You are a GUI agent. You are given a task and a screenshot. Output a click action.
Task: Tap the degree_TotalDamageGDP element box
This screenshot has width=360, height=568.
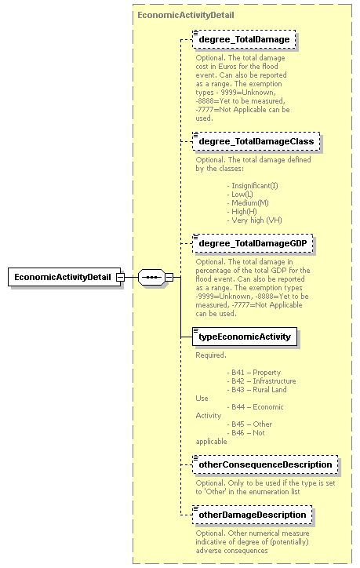pos(253,244)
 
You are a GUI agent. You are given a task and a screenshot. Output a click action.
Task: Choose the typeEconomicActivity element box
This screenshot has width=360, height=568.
pos(244,337)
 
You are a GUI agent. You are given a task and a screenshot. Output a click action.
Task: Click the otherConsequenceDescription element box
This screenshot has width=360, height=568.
pos(265,464)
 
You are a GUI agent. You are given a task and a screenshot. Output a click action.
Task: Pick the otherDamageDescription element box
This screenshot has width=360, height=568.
pos(252,515)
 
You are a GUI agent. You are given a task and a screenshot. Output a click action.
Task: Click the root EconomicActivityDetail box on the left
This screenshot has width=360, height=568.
pos(61,278)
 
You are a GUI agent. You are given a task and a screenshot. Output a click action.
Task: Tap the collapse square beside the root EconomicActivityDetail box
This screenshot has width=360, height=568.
pos(119,278)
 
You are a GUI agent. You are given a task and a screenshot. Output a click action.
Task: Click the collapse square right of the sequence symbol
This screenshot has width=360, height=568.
pos(169,278)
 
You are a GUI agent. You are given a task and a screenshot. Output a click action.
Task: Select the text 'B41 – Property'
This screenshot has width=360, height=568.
pos(254,373)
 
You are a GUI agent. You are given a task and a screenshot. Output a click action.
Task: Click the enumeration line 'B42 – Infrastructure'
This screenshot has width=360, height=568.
pos(261,381)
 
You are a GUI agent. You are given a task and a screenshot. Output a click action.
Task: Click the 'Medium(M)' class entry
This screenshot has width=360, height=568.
pos(249,203)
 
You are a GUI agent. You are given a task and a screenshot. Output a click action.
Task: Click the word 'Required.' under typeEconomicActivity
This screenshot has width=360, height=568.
pos(211,355)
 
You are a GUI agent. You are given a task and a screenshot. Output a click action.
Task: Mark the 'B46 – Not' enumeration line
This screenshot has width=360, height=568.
pos(246,433)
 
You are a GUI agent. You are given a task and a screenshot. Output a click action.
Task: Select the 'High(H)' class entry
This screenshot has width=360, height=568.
pos(244,212)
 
